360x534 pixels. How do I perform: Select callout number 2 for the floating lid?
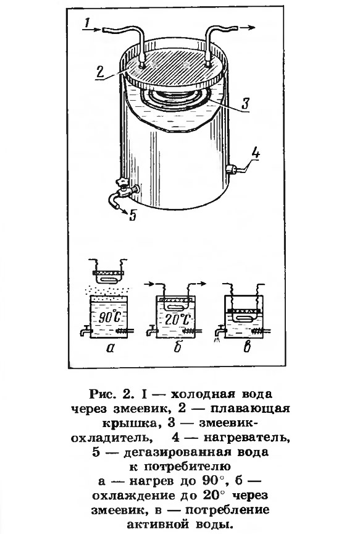coord(100,72)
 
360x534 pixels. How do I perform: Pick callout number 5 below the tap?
coord(133,215)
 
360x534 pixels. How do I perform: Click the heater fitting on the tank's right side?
coord(232,169)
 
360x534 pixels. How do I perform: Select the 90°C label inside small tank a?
coord(109,318)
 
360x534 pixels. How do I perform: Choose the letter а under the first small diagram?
coord(109,348)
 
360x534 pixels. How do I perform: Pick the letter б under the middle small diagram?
coord(176,347)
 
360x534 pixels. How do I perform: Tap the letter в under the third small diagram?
coord(247,347)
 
